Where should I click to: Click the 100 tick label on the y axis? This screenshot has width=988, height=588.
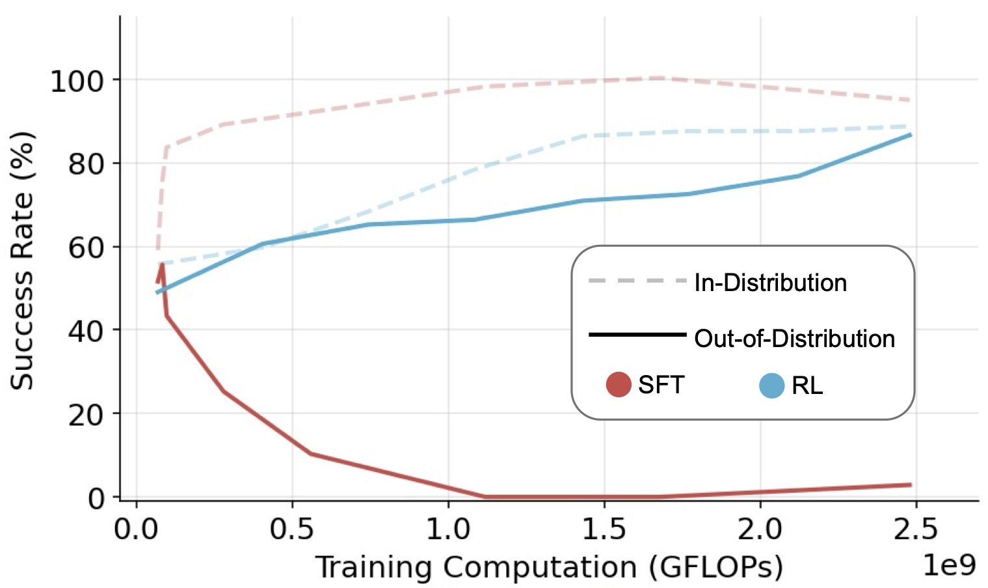coord(77,82)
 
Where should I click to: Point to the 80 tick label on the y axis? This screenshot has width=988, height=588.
coord(86,165)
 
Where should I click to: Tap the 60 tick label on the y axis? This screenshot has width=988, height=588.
coord(86,248)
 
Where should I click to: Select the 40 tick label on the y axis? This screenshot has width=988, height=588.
coord(86,331)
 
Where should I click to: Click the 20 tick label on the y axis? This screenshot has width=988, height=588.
coord(86,415)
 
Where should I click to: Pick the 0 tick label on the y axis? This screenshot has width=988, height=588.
coord(96,498)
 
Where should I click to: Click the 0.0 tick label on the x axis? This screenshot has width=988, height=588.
coord(136,529)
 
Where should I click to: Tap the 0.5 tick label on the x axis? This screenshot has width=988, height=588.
coord(292,529)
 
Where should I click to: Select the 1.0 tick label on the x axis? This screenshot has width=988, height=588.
coord(448,529)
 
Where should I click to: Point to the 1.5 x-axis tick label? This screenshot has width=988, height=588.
coord(604,529)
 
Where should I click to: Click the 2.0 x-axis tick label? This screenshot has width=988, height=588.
coord(760,529)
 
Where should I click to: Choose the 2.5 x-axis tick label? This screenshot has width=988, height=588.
coord(916,529)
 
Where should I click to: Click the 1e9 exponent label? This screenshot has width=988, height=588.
coord(950,565)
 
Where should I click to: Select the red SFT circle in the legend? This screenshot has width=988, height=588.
coord(619,384)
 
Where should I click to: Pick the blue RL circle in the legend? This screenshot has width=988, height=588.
coord(772,385)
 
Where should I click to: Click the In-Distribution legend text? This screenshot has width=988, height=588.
coord(771,283)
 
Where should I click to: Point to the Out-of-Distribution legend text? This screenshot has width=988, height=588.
coord(795,339)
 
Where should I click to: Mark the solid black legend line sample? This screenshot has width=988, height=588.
coord(637,335)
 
